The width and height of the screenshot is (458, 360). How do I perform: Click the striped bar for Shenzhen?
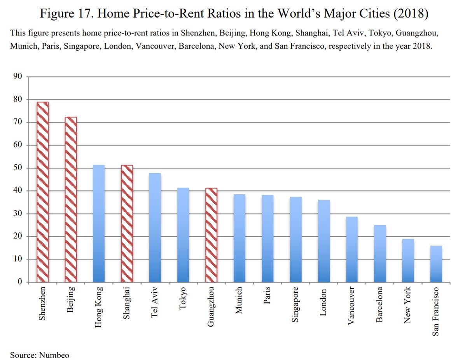point(43,192)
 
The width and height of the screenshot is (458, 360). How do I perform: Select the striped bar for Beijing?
point(71,199)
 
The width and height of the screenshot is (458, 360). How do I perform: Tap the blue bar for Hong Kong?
point(99,223)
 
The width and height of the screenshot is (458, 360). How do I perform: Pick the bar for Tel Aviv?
point(155,228)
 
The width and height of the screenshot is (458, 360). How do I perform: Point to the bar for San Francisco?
point(436,264)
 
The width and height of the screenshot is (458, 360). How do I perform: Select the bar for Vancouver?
point(352,249)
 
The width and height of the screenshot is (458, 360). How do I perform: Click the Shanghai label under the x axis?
point(127,303)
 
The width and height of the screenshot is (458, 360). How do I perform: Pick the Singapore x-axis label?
point(295,305)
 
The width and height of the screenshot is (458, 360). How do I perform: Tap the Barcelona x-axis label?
point(379,305)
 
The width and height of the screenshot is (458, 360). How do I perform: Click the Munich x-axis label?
point(239,300)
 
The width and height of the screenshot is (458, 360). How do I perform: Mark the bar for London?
point(323,241)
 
